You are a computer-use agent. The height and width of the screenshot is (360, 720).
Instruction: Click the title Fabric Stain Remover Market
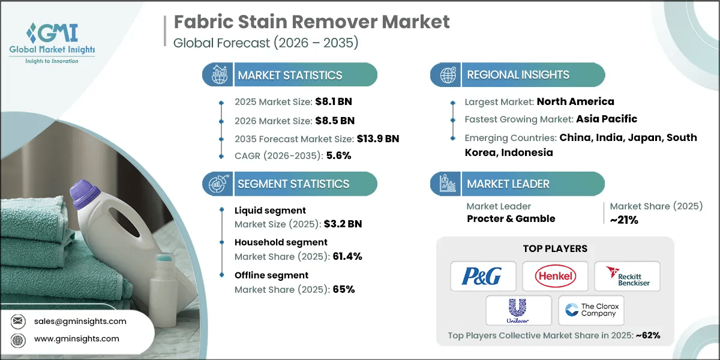coord(311,23)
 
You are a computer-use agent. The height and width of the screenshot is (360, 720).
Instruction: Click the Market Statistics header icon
coord(217,75)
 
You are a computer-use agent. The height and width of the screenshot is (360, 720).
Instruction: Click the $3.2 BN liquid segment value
coord(342,224)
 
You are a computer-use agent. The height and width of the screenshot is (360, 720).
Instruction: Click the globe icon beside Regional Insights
coord(446,75)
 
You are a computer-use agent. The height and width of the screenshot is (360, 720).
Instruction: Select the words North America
coord(575,101)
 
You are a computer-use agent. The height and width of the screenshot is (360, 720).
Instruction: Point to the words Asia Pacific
coord(607,119)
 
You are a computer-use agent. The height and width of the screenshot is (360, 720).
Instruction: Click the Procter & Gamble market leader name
coord(511,218)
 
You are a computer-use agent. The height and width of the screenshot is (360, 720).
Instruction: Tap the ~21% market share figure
coord(624,220)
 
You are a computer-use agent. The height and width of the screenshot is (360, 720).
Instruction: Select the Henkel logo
coord(555,276)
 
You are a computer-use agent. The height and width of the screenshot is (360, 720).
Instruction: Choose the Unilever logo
coord(518,310)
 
